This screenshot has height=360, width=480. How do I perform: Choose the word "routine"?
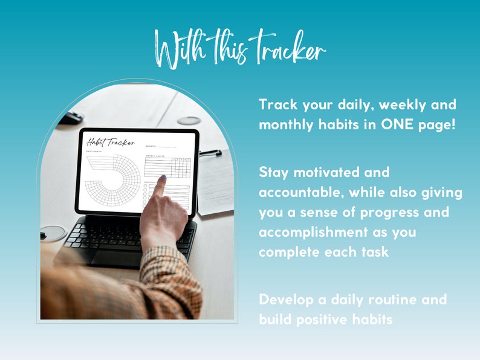385,300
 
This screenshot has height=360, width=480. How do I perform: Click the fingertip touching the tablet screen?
163,179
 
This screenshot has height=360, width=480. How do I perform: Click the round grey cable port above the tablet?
189,120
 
